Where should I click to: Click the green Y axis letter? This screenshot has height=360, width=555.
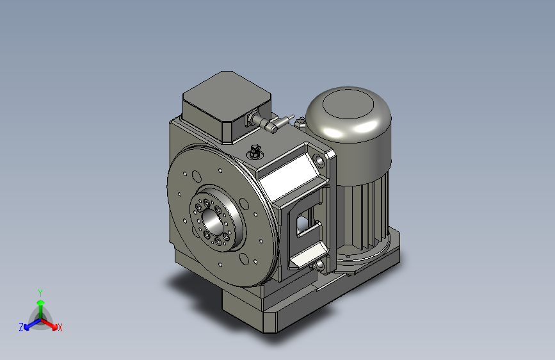(40, 292)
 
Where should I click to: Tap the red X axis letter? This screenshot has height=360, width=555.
(60, 327)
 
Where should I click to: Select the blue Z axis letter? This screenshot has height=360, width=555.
(21, 327)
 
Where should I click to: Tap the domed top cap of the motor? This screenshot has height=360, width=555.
(349, 113)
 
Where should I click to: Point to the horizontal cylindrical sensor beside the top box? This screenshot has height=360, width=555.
(266, 123)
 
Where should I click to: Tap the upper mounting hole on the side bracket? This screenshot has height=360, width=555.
(318, 158)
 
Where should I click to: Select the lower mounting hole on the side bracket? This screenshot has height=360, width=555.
(319, 263)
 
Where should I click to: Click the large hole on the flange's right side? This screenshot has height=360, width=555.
(245, 205)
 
